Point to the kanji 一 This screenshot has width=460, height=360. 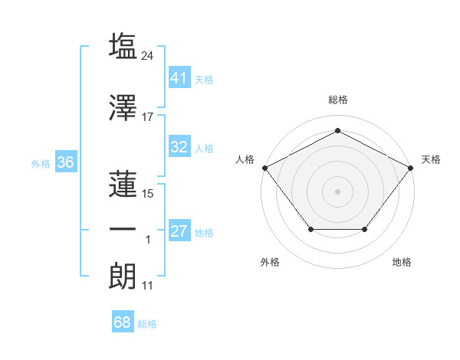click(123, 229)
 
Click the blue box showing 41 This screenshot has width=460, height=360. click(179, 77)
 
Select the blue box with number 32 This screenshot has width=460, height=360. click(179, 147)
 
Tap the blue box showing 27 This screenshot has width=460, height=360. click(179, 231)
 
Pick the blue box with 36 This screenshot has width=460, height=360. click(65, 162)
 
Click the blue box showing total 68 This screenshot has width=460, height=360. click(123, 322)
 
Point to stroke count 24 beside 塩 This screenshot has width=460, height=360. click(149, 55)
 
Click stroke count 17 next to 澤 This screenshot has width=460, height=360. click(148, 117)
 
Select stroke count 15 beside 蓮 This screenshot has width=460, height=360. click(148, 194)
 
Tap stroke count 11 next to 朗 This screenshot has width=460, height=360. click(148, 286)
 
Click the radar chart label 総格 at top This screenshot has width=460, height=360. click(337, 100)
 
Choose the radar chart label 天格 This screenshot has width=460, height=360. click(431, 159)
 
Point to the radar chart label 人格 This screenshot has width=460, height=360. click(245, 159)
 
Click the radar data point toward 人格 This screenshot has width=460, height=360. click(264, 167)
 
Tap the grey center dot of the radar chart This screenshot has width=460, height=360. click(337, 191)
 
